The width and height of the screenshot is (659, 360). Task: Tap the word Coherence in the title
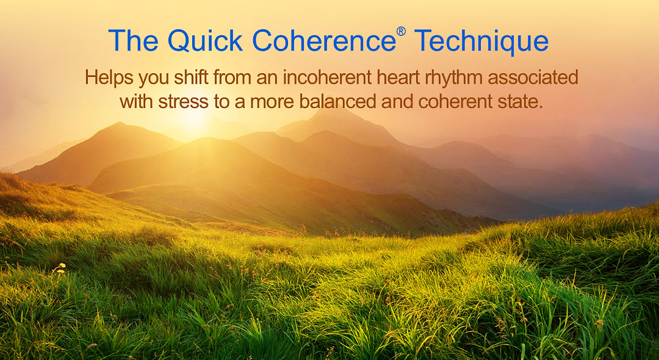[323, 41]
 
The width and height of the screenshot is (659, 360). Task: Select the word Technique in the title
[481, 41]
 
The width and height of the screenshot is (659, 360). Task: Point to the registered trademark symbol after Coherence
[401, 31]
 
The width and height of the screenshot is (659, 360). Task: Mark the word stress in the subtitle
[181, 101]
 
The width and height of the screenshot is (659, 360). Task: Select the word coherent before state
[456, 101]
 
